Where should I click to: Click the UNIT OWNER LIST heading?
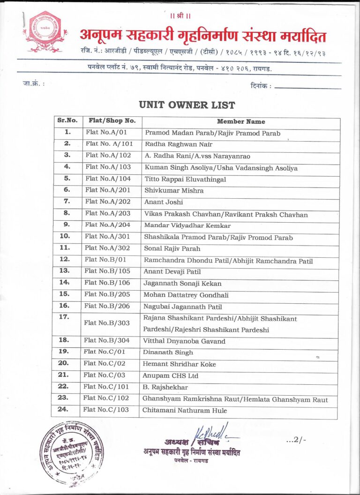pos(187,105)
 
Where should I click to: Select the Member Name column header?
pos(241,122)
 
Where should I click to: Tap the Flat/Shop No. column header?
pos(112,120)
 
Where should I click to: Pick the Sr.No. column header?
pos(67,120)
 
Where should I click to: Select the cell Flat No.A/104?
pos(108,179)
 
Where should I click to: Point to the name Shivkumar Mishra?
pos(174,191)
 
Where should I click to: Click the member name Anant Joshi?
pos(164,202)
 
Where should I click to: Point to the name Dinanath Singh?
pos(168,352)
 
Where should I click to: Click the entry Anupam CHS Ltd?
pos(171,375)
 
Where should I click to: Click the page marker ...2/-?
pos(296,440)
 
